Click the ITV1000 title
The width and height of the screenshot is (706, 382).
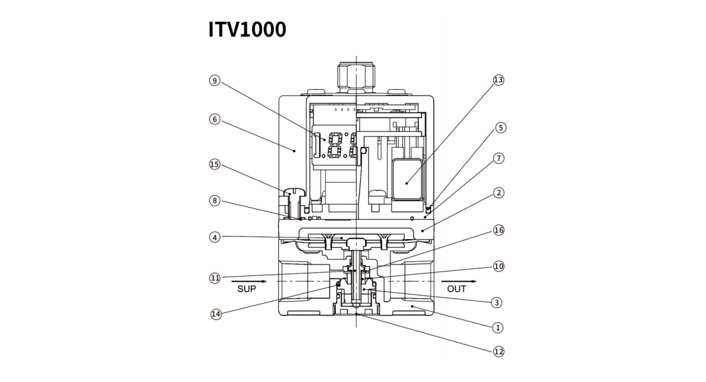coord(247,29)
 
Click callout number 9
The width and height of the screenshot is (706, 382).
coord(214,81)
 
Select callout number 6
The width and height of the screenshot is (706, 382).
coord(214,119)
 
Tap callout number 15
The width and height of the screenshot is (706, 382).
coord(214,165)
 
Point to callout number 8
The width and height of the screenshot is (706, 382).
coord(214,200)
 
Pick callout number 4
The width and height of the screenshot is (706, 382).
coord(214,237)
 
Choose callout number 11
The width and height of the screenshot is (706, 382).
coord(214,277)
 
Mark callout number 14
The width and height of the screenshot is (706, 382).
coord(216,314)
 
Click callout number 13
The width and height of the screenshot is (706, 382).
coord(498,80)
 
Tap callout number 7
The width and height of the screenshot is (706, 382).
coord(498,158)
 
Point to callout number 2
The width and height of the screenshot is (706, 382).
coord(498,193)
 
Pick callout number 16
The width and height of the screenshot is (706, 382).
coord(498,230)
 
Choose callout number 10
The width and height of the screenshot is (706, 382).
coord(498,266)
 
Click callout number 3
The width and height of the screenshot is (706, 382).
coord(497,303)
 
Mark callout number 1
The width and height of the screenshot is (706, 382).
coord(498,327)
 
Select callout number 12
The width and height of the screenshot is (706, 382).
coord(498,351)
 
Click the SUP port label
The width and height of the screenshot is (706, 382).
coord(247,289)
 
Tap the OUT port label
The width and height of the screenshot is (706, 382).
coord(457,289)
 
